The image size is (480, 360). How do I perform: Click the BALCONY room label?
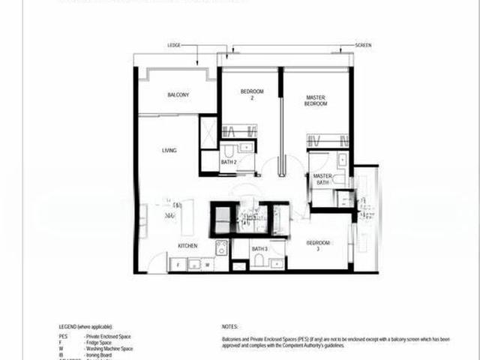[x=178, y=95]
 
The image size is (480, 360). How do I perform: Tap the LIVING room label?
[x=169, y=151]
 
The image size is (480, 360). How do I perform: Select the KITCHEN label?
[x=187, y=246]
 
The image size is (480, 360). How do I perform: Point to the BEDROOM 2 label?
[x=248, y=95]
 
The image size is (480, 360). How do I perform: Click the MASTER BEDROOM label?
[x=316, y=100]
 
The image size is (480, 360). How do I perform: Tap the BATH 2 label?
[x=229, y=162]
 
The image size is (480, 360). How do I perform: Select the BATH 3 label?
[x=259, y=249]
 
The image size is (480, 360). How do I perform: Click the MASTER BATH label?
[x=322, y=179]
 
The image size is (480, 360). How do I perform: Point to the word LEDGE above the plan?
[x=174, y=46]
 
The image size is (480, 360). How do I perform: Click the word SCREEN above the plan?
[x=363, y=46]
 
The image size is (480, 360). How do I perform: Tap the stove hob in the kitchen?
[x=222, y=247]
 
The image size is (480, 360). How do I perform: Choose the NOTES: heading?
[x=229, y=328]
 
